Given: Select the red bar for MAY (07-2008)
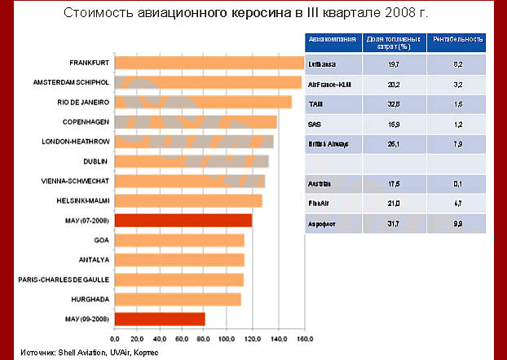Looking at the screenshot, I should coord(183,220).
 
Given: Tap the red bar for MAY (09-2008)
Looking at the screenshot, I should coord(160,318).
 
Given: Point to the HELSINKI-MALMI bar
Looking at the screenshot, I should coord(188,200).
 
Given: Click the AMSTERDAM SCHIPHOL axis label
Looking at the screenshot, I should coord(71,83).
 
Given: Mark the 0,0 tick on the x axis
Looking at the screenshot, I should coord(115,338).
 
